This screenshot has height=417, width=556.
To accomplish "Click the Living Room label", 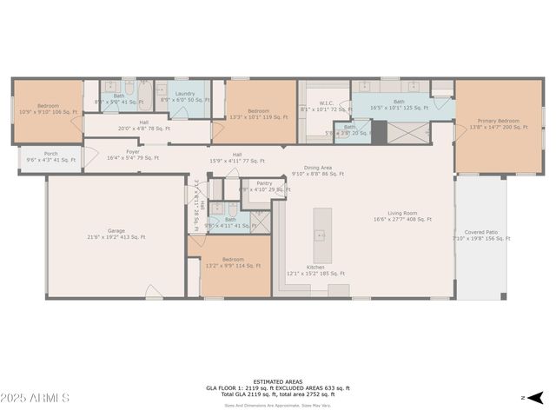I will pyautogui.click(x=402, y=215).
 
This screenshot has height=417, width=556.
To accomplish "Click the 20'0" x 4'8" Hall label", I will pyautogui.click(x=144, y=125).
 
